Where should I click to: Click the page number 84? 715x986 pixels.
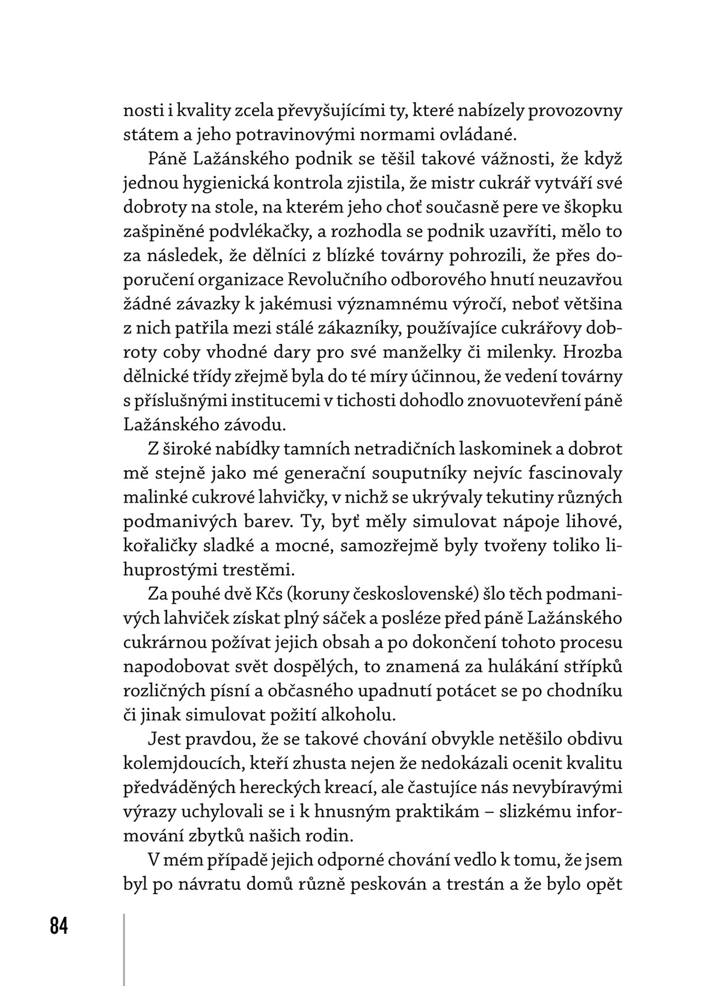(x=59, y=926)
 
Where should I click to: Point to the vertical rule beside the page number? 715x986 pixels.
(x=124, y=949)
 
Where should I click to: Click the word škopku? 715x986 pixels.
(x=595, y=207)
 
